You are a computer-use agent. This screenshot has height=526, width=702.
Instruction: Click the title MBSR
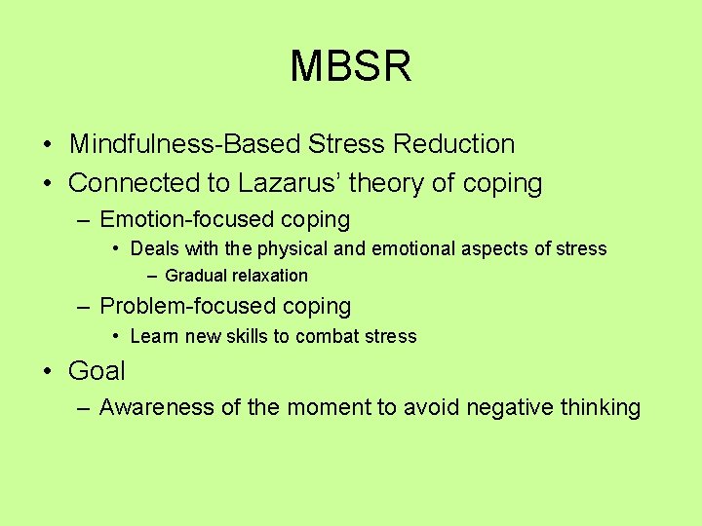351,66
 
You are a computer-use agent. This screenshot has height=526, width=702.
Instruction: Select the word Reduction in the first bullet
453,144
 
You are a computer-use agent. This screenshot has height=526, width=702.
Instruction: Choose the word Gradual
195,276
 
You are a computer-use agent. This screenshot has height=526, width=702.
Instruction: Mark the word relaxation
268,276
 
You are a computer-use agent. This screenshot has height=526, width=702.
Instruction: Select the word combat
330,337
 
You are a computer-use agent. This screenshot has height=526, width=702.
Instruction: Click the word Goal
97,371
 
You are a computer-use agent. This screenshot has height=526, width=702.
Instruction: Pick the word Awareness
157,407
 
